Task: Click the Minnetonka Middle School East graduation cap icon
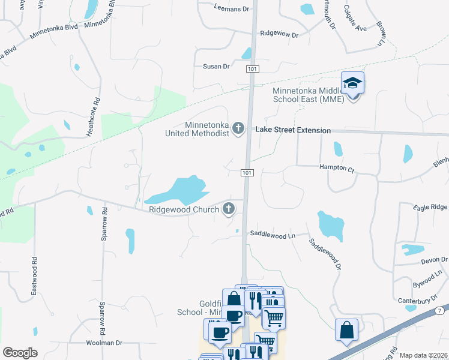pyautogui.click(x=353, y=83)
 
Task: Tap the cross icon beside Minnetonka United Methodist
pyautogui.click(x=238, y=127)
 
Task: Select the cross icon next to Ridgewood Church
pyautogui.click(x=228, y=209)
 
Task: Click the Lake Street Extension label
pyautogui.click(x=293, y=130)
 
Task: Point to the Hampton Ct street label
pyautogui.click(x=337, y=168)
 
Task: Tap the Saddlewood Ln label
pyautogui.click(x=273, y=236)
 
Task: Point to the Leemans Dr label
pyautogui.click(x=232, y=8)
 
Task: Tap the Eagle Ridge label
pyautogui.click(x=430, y=207)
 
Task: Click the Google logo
pyautogui.click(x=20, y=353)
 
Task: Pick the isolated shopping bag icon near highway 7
pyautogui.click(x=347, y=331)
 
